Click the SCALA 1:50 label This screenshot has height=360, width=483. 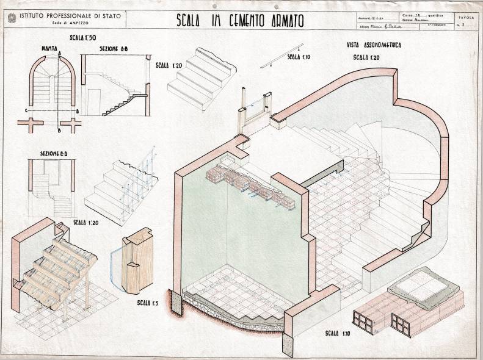pyautogui.click(x=83, y=38)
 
